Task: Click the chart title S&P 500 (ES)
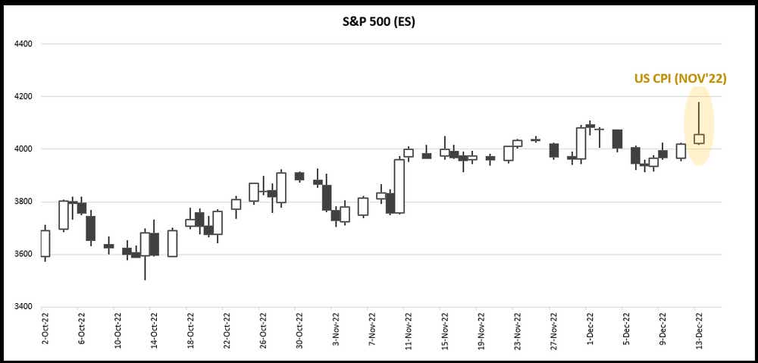point(378,22)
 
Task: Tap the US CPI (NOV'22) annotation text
point(680,78)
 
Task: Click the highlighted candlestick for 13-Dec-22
point(699,138)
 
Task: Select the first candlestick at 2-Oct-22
point(45,243)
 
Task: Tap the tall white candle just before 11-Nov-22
point(399,186)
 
